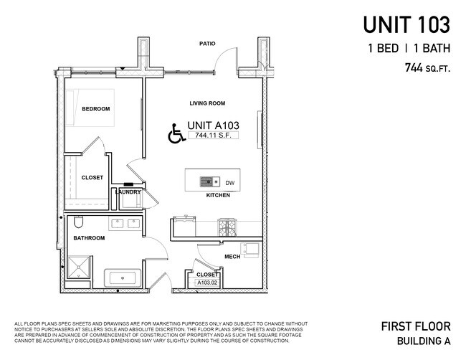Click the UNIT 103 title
(x=406, y=24)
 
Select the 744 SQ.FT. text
(x=427, y=69)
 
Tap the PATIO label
(x=207, y=44)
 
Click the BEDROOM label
(x=95, y=109)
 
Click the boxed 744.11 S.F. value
(x=211, y=135)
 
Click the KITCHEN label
(x=218, y=196)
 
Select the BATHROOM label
(x=90, y=238)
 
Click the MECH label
(x=232, y=256)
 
